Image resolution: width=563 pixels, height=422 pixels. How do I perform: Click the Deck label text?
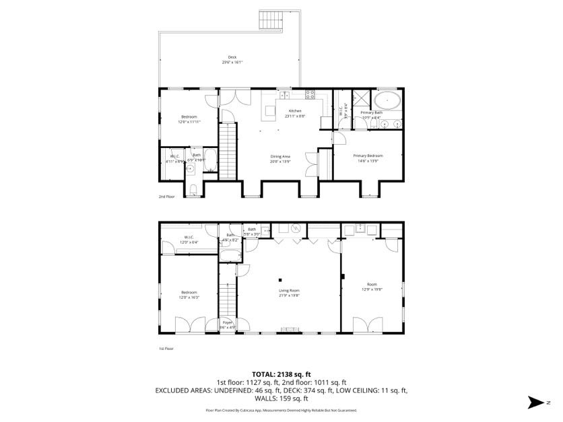pyautogui.click(x=232, y=57)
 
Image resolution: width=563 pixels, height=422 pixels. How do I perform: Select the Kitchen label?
pyautogui.click(x=295, y=111)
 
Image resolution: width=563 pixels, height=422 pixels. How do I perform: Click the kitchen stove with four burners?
pyautogui.click(x=311, y=94)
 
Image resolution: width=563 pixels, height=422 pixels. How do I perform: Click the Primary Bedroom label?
pyautogui.click(x=368, y=155)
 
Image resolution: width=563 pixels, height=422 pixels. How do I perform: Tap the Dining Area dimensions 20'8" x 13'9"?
pyautogui.click(x=281, y=162)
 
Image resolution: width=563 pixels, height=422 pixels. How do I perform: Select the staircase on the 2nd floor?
pyautogui.click(x=229, y=153)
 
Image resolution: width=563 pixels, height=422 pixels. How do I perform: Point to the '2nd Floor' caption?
pyautogui.click(x=166, y=197)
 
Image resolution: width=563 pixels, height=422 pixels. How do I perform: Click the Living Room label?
pyautogui.click(x=289, y=291)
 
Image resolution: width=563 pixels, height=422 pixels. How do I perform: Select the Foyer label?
pyautogui.click(x=228, y=322)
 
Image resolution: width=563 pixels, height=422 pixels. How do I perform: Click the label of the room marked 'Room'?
pyautogui.click(x=372, y=284)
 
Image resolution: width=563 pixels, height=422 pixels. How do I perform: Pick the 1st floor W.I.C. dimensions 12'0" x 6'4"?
pyautogui.click(x=189, y=242)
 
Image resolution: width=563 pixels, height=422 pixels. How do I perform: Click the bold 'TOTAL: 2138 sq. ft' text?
pyautogui.click(x=281, y=374)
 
